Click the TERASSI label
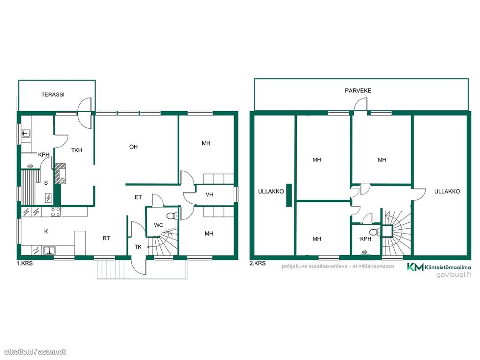pyautogui.click(x=53, y=95)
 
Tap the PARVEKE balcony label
pyautogui.click(x=358, y=91)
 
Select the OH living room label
pyautogui.click(x=133, y=147)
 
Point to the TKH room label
pyautogui.click(x=76, y=150)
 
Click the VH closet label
pyautogui.click(x=210, y=195)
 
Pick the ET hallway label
pyautogui.click(x=138, y=197)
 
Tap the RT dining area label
pyautogui.click(x=106, y=238)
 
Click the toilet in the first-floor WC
pyautogui.click(x=172, y=216)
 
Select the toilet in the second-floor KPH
pyautogui.click(x=375, y=233)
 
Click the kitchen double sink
pyautogui.click(x=49, y=251)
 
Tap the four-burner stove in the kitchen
pyautogui.click(x=56, y=212)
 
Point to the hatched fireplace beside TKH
pyautogui.click(x=60, y=173)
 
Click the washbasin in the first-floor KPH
pyautogui.click(x=26, y=133)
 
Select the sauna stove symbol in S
pyautogui.click(x=48, y=198)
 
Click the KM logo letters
pyautogui.click(x=415, y=267)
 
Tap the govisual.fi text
pyautogui.click(x=454, y=275)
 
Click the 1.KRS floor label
pyautogui.click(x=25, y=264)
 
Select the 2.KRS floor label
pyautogui.click(x=258, y=264)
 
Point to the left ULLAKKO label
pyautogui.click(x=271, y=192)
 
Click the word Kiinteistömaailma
pyautogui.click(x=448, y=267)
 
